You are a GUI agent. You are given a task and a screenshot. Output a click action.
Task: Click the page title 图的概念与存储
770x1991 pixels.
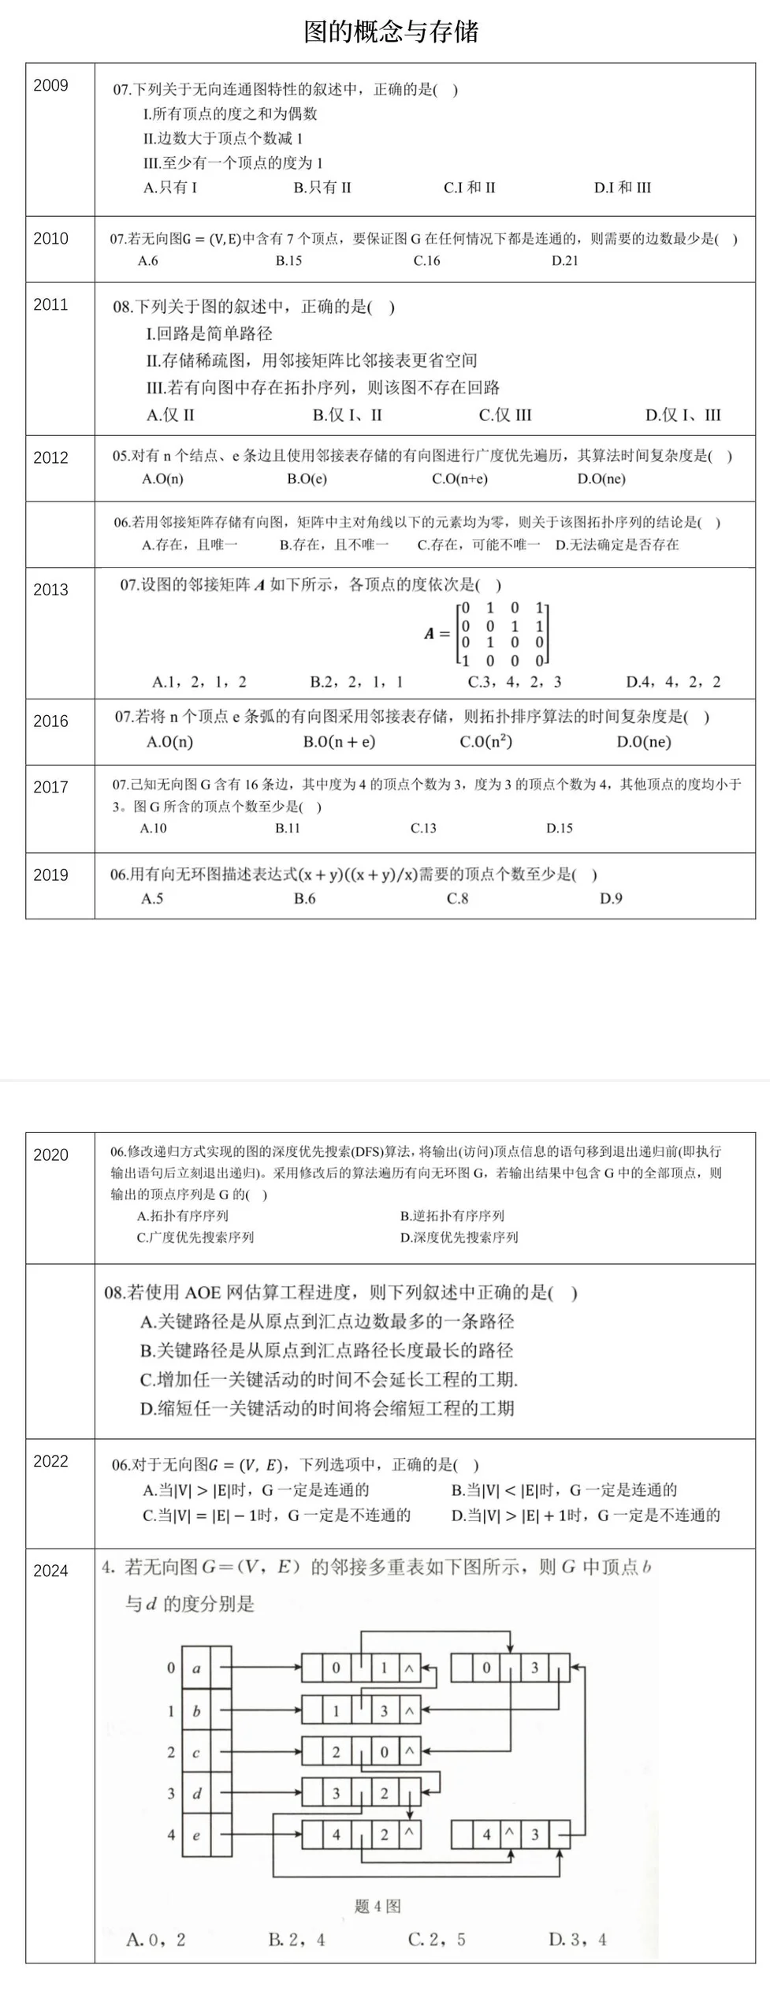[391, 32]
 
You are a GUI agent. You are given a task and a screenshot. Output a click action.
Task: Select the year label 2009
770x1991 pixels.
[50, 85]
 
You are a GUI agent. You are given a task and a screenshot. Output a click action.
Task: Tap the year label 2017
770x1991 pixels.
[50, 786]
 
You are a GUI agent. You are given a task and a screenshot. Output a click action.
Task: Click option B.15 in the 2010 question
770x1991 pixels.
[288, 261]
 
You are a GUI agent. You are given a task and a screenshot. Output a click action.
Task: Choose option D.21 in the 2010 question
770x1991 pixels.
[564, 261]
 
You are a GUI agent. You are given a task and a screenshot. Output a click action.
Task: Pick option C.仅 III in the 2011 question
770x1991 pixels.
[505, 415]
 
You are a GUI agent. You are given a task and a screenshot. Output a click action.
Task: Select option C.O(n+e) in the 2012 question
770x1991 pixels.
[459, 479]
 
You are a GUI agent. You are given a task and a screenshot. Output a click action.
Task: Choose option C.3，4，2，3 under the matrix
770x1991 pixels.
[515, 682]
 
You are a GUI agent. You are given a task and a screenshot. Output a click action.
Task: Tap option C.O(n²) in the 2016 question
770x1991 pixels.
[485, 741]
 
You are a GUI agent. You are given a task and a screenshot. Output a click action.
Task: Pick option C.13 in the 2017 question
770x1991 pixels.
[423, 828]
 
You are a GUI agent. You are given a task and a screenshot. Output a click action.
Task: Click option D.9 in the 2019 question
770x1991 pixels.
[611, 898]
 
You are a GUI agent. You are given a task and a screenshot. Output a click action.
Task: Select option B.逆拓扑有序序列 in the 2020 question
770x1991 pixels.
[452, 1215]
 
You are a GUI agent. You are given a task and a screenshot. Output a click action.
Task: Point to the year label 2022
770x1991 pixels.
[50, 1461]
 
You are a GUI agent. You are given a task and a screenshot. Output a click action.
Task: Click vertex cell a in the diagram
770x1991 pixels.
[196, 1668]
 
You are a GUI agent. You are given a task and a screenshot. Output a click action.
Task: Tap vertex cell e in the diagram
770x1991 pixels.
[196, 1835]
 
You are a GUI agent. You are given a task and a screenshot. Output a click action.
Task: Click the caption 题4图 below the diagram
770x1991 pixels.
[378, 1906]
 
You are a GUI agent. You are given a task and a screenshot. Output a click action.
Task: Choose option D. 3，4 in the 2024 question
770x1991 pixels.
[578, 1939]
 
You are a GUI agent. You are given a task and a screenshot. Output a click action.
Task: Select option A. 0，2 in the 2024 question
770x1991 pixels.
[156, 1939]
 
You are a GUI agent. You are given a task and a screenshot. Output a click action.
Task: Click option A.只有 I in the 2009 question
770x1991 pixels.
[170, 188]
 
